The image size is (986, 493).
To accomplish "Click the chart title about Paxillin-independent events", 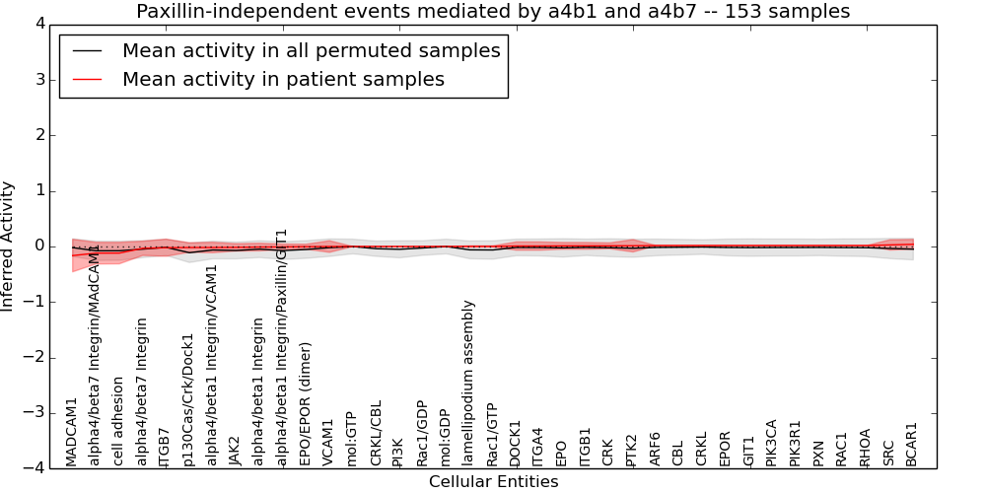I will (x=493, y=12).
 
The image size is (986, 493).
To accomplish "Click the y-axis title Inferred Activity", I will (x=9, y=246).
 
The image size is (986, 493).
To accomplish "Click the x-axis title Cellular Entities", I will (x=493, y=482).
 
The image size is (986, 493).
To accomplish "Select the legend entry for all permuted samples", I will (x=311, y=51).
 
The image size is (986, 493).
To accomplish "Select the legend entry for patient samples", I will (x=283, y=80).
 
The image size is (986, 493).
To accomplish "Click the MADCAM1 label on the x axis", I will (x=72, y=432).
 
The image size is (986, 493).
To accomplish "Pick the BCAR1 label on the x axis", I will (x=912, y=444).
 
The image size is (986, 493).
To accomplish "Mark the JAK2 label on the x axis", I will (x=235, y=450).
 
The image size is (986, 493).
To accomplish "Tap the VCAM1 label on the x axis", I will (x=328, y=441).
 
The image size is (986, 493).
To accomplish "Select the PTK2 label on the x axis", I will (x=632, y=450).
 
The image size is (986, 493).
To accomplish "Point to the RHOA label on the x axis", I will (x=866, y=447).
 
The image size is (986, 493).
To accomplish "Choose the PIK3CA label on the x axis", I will (x=772, y=442).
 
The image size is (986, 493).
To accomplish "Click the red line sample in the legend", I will (x=87, y=80).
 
